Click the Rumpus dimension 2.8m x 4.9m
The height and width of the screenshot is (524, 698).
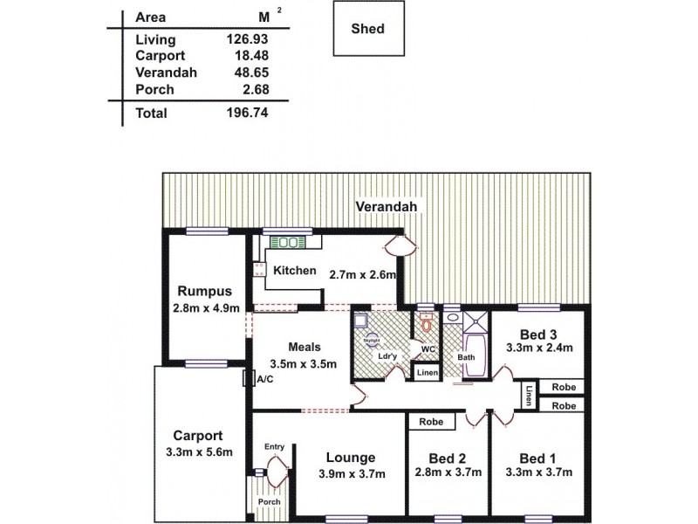point(206,308)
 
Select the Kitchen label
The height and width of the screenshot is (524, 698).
point(295,271)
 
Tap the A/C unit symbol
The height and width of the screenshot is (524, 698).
point(249,379)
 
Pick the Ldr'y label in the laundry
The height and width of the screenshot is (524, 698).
point(384,356)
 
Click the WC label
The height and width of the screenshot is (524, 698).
point(428,350)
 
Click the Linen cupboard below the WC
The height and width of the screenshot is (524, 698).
point(427,374)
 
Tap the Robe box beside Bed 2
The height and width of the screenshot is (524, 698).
point(432,422)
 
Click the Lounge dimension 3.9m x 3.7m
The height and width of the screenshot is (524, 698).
point(351,474)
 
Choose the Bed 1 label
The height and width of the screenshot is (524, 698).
point(538,458)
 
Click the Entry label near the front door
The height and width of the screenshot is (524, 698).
point(275,447)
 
